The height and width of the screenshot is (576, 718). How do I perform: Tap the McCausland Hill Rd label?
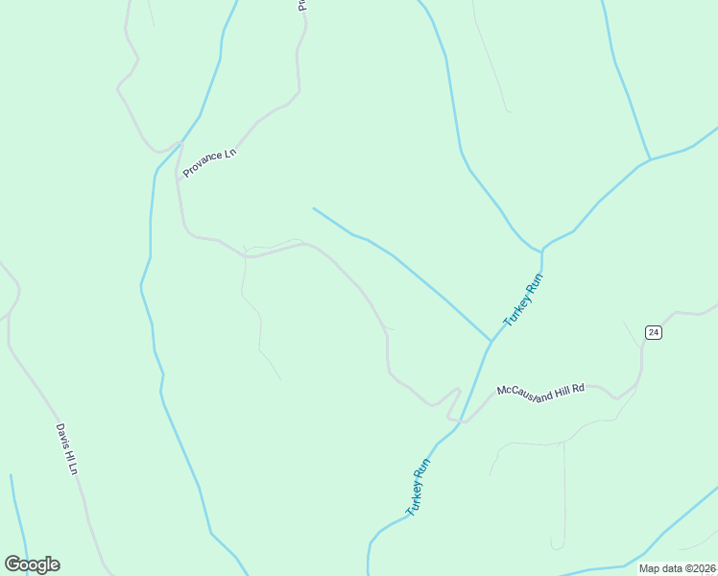(x=540, y=393)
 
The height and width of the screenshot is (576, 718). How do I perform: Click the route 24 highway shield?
(x=653, y=332)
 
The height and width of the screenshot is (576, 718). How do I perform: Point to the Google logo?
(x=33, y=564)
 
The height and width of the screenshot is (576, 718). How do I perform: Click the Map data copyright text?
(x=678, y=568)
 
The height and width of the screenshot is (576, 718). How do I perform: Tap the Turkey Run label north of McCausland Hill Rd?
(x=524, y=300)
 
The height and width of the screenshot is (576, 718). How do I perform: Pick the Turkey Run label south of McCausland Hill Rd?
(x=419, y=488)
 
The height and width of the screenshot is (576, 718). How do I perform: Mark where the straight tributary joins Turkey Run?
(x=491, y=341)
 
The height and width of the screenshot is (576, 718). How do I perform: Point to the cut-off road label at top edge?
(x=301, y=6)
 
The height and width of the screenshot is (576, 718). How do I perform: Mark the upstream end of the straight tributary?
(x=314, y=208)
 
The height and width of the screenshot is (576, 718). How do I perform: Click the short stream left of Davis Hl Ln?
(x=17, y=514)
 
